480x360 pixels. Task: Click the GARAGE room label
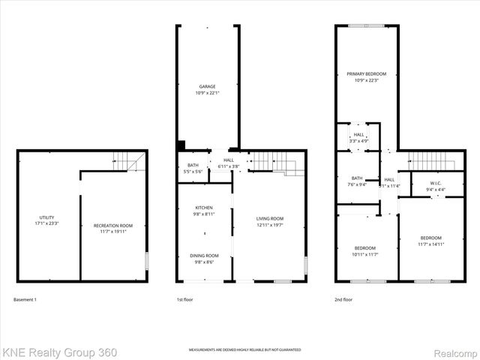pyautogui.click(x=208, y=86)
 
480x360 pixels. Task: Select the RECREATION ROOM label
pyautogui.click(x=112, y=225)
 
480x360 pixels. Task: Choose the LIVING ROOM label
pyautogui.click(x=270, y=218)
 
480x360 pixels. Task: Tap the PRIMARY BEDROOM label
pyautogui.click(x=366, y=73)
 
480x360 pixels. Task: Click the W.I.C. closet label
pyautogui.click(x=436, y=183)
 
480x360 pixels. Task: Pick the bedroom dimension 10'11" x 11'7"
pyautogui.click(x=366, y=253)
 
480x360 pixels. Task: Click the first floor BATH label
pyautogui.click(x=193, y=166)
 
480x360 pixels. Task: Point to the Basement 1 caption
pyautogui.click(x=25, y=300)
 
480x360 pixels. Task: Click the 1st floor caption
pyautogui.click(x=184, y=300)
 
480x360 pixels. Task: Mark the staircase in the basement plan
pyautogui.click(x=127, y=160)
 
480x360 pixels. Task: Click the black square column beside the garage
pyautogui.click(x=181, y=145)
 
